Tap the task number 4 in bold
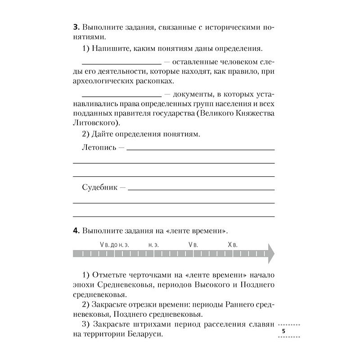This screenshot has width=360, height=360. (75, 231)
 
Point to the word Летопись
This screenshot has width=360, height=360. (99, 147)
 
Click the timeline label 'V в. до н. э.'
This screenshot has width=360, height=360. (114, 245)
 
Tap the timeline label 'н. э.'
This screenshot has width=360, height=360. (153, 245)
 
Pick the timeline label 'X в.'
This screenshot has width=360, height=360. (233, 245)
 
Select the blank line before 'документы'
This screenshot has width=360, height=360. (122, 96)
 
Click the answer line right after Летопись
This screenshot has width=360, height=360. (201, 149)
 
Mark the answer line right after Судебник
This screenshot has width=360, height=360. (202, 189)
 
